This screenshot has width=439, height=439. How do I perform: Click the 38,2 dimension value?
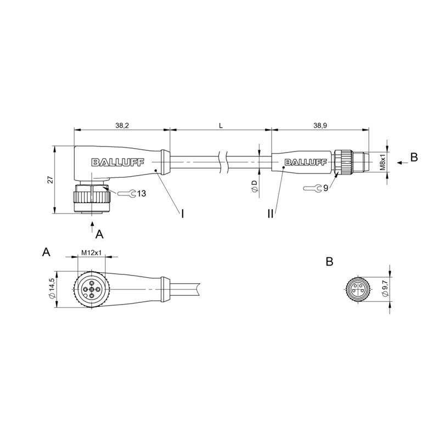122,126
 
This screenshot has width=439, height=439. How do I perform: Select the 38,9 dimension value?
320,126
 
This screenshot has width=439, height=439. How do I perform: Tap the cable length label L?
221,126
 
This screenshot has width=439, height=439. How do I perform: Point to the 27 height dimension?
50,180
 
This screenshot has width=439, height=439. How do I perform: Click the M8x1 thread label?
382,162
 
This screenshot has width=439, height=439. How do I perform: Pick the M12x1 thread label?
91,252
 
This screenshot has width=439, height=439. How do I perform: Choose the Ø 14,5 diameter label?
52,289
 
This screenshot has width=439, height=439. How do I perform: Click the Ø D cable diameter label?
255,187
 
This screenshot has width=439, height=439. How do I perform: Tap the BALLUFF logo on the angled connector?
117,162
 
